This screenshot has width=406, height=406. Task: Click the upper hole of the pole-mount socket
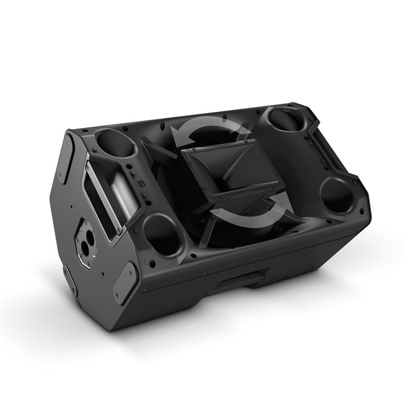[x=89, y=236]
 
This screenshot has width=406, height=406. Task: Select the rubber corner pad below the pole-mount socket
[x=70, y=280]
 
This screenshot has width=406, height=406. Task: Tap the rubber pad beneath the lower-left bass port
[x=124, y=282]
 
